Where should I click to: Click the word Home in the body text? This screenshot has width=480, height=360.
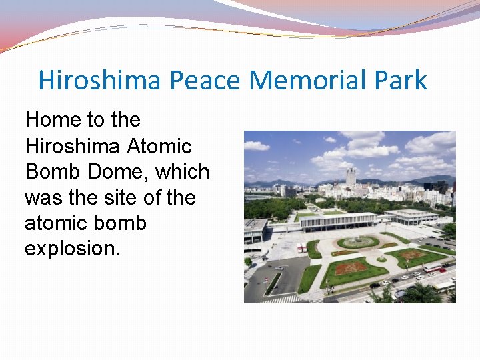(x=52, y=120)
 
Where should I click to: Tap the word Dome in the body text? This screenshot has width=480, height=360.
(x=116, y=171)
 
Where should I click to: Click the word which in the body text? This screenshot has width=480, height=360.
(x=183, y=171)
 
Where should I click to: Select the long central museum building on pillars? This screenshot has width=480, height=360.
(x=339, y=221)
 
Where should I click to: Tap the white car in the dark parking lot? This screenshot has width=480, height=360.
(x=280, y=267)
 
